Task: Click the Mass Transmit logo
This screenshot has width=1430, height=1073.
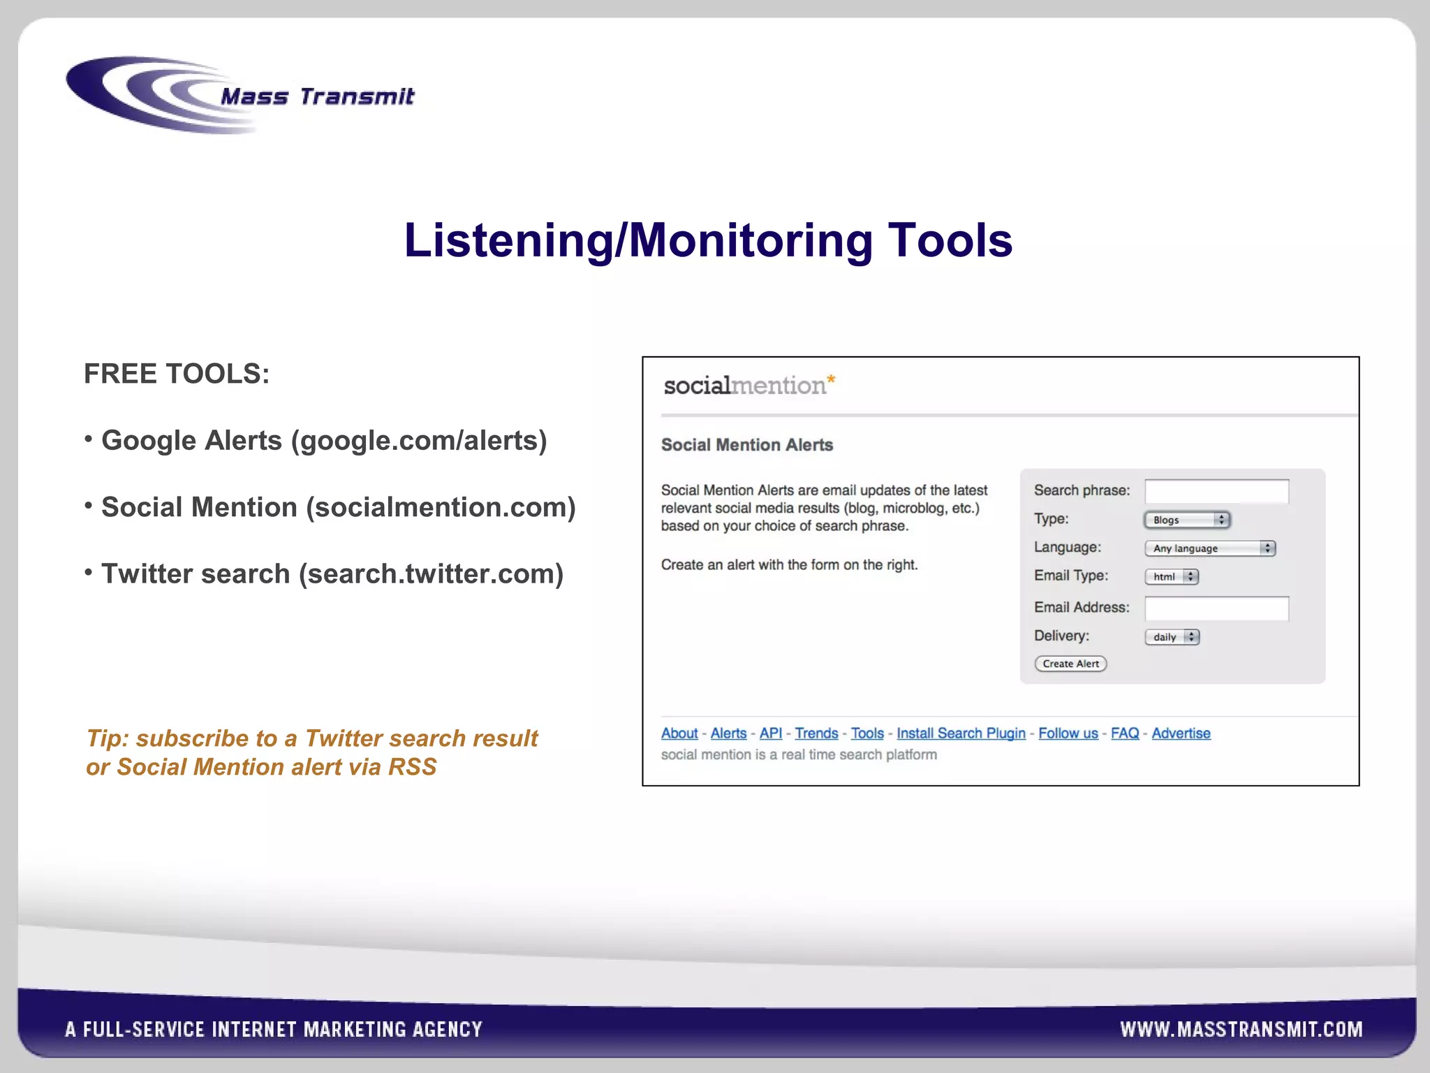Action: pyautogui.click(x=241, y=96)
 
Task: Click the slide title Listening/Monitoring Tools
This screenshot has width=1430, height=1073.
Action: pyautogui.click(x=708, y=240)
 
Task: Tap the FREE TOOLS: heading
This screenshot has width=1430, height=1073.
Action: pyautogui.click(x=177, y=374)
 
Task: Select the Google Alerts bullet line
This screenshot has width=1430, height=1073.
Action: pyautogui.click(x=324, y=441)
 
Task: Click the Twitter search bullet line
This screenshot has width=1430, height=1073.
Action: pyautogui.click(x=332, y=574)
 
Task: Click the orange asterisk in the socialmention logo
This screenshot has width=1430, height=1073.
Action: pyautogui.click(x=831, y=380)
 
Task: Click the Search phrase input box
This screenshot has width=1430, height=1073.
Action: pyautogui.click(x=1216, y=491)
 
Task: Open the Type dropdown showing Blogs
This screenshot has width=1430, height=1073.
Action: pyautogui.click(x=1186, y=520)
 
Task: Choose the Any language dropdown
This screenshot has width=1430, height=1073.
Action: pyautogui.click(x=1210, y=548)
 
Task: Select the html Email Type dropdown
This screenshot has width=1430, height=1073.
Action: pyautogui.click(x=1172, y=577)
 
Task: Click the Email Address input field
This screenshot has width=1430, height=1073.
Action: pyautogui.click(x=1216, y=608)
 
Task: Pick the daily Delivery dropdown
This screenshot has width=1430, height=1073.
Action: pyautogui.click(x=1172, y=637)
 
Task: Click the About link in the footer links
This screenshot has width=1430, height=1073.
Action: pyautogui.click(x=679, y=733)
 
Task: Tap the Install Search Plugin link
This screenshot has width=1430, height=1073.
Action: pyautogui.click(x=961, y=733)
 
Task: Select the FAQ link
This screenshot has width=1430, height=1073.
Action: pyautogui.click(x=1124, y=733)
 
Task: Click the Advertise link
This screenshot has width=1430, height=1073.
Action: pyautogui.click(x=1181, y=733)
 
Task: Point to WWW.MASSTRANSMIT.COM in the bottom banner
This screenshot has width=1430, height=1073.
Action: pyautogui.click(x=1241, y=1029)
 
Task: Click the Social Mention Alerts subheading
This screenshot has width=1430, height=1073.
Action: pyautogui.click(x=746, y=445)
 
